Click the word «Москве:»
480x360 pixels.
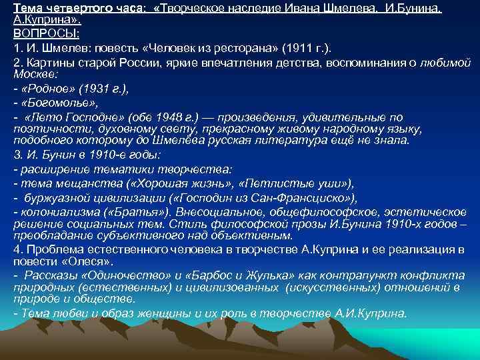click(33, 73)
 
